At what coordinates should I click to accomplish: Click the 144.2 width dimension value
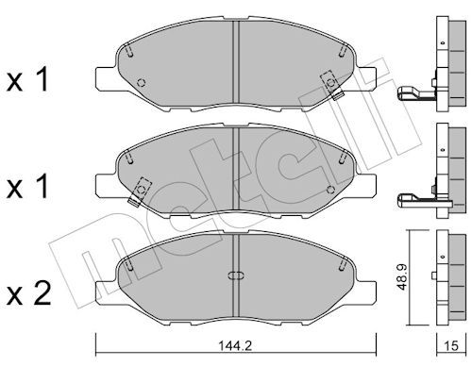235,346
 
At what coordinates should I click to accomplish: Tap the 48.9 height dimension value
402,277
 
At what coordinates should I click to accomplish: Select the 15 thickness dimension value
451,346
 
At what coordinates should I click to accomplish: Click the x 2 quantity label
28,293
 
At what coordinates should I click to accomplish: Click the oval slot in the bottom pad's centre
236,275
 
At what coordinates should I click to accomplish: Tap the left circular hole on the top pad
142,82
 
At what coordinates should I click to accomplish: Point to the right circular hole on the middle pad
330,190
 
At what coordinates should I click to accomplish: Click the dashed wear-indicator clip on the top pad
331,84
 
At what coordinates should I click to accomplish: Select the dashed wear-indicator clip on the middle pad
140,192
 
